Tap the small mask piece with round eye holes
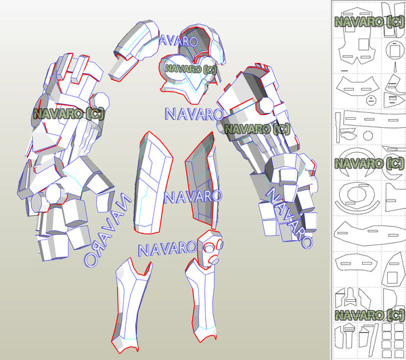[210, 247]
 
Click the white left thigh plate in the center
[153, 179]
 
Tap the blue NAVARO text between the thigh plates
[193, 197]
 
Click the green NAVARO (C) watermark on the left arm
[68, 114]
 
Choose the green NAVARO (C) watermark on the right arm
[256, 129]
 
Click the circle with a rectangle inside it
[394, 51]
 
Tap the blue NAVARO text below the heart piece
[193, 113]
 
